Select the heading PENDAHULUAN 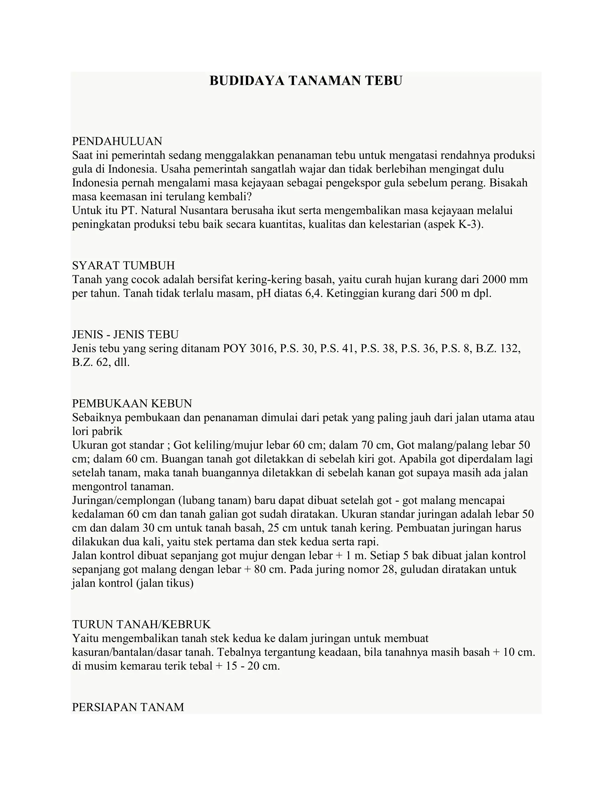point(117,141)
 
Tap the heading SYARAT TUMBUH point(123,265)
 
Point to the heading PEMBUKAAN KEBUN point(132,403)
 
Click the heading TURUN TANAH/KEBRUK point(141,624)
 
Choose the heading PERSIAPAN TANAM point(128,707)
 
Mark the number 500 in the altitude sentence point(449,293)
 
